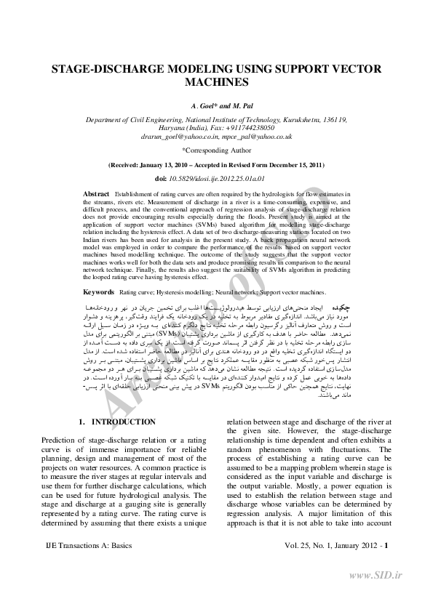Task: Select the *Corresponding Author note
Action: click(x=216, y=150)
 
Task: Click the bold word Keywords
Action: click(x=99, y=291)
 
